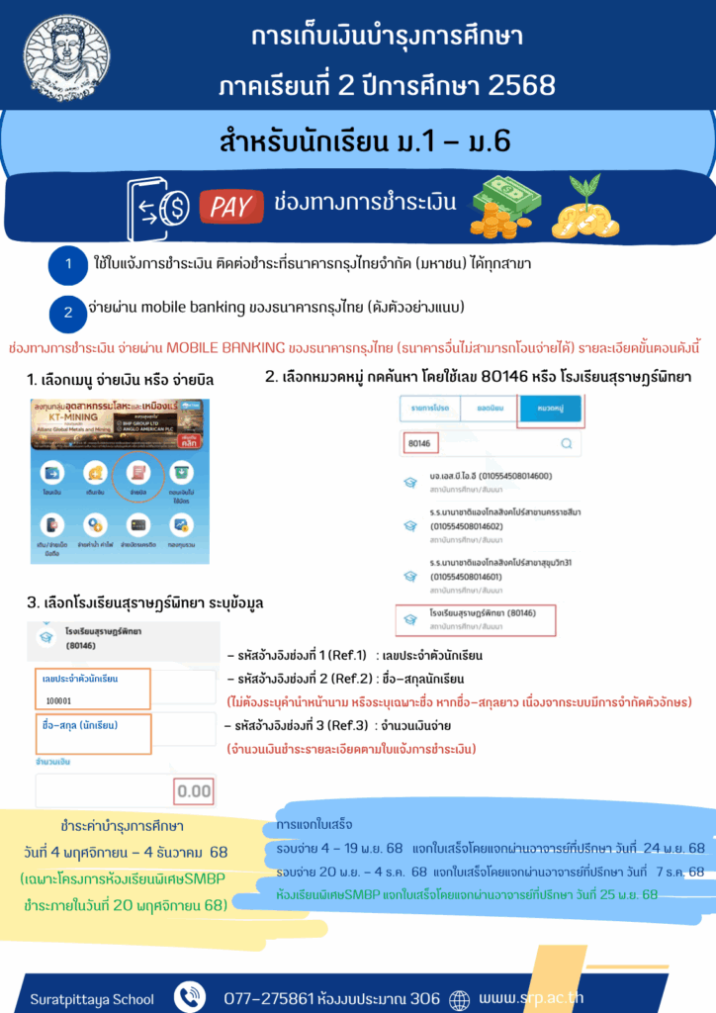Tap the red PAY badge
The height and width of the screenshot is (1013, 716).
[227, 206]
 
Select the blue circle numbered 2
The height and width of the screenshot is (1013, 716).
[68, 312]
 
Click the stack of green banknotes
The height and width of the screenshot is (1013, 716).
[504, 205]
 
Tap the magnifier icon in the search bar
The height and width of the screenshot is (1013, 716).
[566, 444]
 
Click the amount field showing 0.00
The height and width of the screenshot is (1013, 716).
[194, 790]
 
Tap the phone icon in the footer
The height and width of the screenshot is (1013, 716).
[189, 998]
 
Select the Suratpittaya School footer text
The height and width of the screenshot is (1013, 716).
[92, 999]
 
